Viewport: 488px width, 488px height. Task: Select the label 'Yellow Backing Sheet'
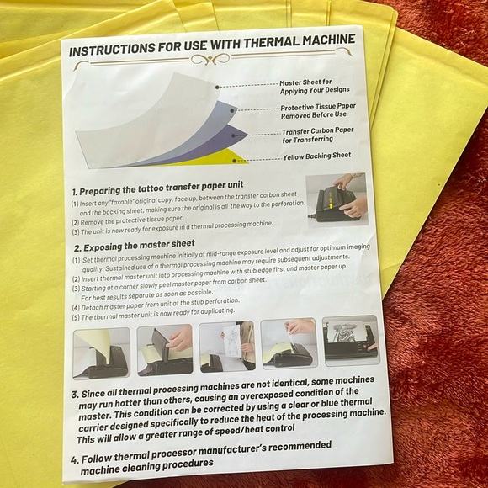coord(317,156)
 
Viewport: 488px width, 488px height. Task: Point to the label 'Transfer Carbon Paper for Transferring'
coord(318,135)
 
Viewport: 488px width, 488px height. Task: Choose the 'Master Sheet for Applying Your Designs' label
coord(315,87)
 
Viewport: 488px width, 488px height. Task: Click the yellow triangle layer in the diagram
coord(218,158)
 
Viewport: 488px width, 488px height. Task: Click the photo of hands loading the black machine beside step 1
coord(337,199)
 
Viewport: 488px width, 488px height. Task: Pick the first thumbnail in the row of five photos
coord(102,353)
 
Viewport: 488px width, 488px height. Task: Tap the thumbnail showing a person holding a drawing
coord(227,347)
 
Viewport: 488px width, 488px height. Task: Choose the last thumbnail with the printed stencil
coord(351,340)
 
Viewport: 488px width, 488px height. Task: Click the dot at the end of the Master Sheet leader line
coord(217,88)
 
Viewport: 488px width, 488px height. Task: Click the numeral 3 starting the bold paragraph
coord(74,395)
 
